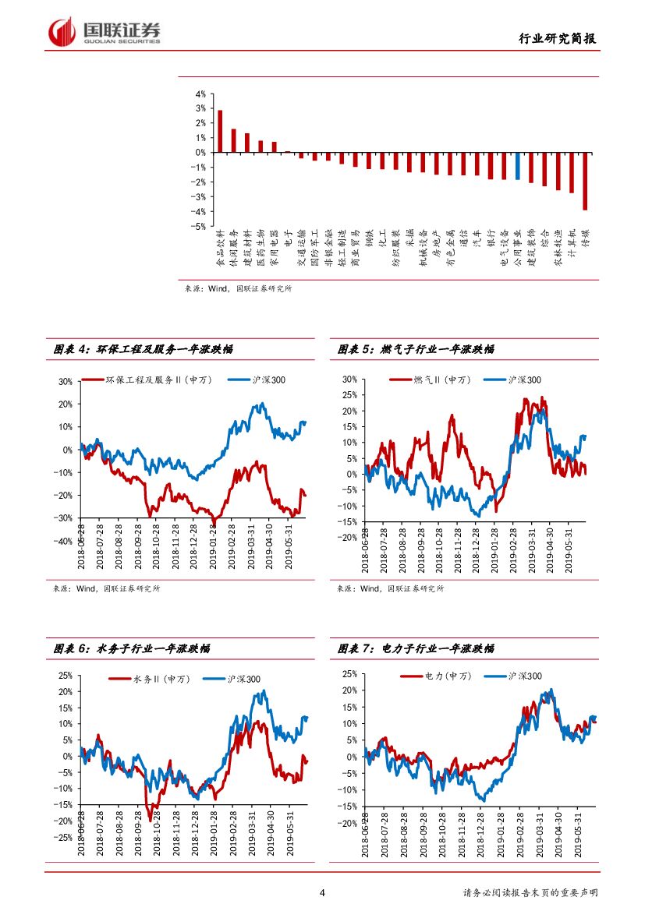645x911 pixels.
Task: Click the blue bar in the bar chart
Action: click(517, 166)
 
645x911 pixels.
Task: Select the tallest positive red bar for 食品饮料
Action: click(220, 131)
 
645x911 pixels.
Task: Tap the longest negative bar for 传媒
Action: click(585, 181)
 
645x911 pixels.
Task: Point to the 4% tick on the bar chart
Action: click(200, 94)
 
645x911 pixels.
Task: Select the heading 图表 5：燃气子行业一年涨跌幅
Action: click(416, 350)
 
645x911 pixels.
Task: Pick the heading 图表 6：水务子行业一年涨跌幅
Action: click(131, 648)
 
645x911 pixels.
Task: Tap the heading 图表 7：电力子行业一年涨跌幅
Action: click(416, 648)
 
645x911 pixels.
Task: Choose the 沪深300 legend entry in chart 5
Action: click(512, 380)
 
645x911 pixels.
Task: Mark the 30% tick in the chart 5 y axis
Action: click(349, 380)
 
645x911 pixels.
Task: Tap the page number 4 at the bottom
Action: click(323, 893)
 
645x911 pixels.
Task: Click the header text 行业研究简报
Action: click(560, 39)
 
